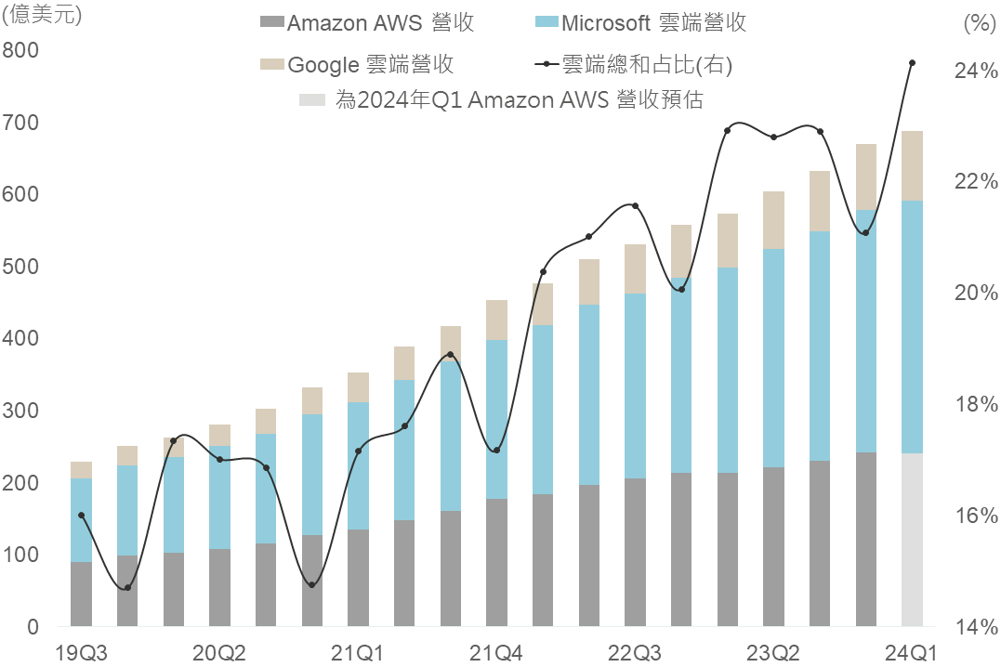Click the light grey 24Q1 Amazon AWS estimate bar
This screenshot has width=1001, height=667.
coord(912,539)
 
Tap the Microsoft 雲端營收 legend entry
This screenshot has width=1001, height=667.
coord(641,23)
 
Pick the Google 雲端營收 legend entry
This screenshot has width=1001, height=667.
coord(357,64)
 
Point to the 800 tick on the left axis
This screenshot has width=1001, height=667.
coord(20,50)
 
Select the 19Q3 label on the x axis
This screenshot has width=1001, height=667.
coord(82,652)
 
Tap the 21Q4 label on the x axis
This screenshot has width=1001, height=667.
coord(496,652)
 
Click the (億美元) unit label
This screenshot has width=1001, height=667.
coord(42,16)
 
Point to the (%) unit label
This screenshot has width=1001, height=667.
coord(975,25)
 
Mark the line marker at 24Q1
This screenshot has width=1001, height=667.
coord(912,63)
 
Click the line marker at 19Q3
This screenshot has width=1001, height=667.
coord(82,515)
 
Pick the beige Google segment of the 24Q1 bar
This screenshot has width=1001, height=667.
coord(912,165)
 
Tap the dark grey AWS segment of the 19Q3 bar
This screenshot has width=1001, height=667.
coord(82,594)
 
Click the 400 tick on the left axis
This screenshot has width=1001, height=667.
coord(20,339)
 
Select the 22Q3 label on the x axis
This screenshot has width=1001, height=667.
coord(635,652)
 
